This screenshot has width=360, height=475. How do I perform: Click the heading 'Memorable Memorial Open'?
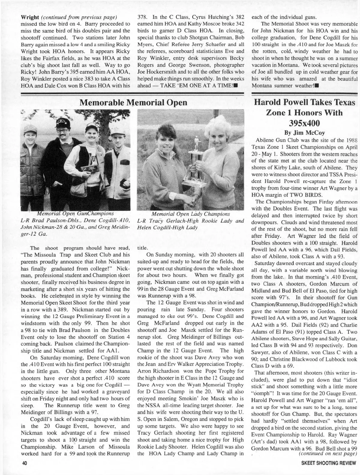click(133, 103)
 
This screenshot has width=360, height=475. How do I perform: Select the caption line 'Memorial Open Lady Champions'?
click(191, 214)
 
